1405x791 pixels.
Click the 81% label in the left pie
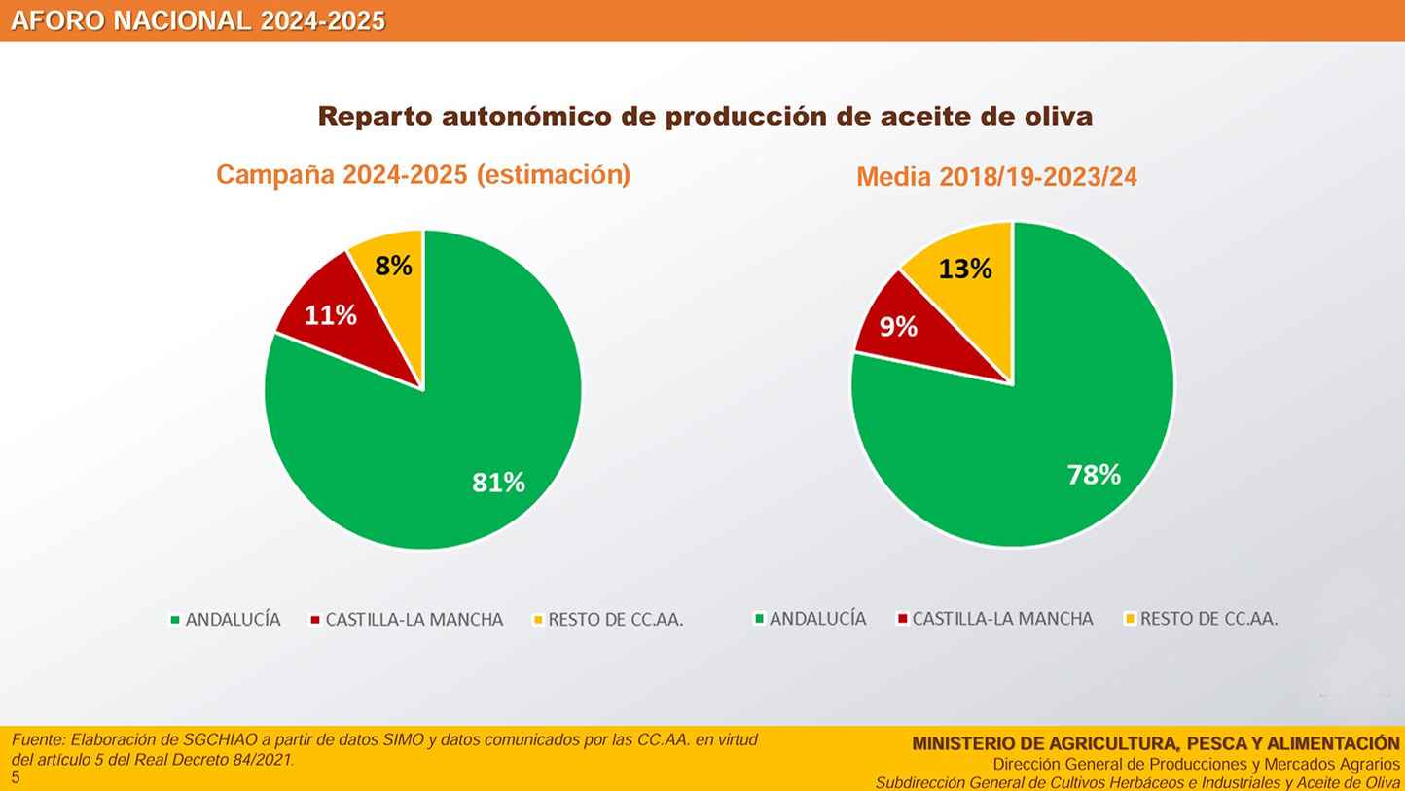coord(498,482)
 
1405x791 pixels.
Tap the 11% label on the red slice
coord(331,315)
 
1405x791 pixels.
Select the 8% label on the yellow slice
coord(394,266)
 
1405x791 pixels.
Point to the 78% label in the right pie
coord(1094,475)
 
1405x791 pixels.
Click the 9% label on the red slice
coord(898,327)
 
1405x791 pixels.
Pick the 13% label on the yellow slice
coord(965,269)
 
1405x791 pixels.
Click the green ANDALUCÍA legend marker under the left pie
coord(175,619)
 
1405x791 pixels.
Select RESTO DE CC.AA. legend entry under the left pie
coord(615,620)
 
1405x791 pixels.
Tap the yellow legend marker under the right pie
coord(1130,618)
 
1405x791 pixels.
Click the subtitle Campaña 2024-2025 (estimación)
coord(423,175)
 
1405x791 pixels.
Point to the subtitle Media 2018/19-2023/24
coord(996,177)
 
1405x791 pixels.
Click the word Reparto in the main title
coord(375,117)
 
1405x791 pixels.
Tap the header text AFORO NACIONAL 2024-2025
coord(198,21)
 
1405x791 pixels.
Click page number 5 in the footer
coord(16,777)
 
